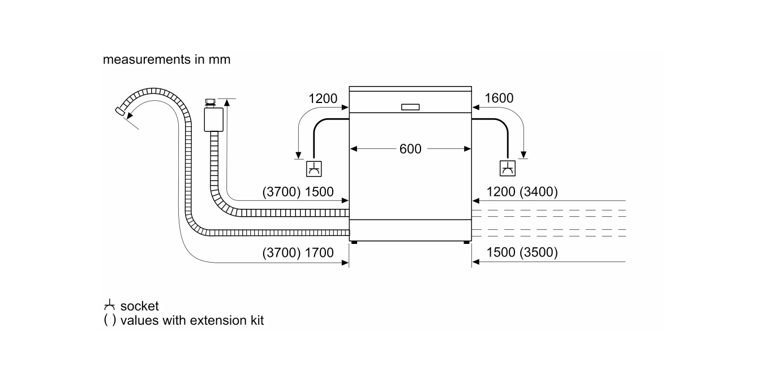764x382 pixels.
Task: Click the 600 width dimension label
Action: pyautogui.click(x=410, y=149)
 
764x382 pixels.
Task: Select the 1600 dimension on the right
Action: pyautogui.click(x=499, y=98)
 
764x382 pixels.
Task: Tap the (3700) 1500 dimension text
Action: pyautogui.click(x=298, y=192)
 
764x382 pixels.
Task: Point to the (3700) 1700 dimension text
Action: pyautogui.click(x=298, y=253)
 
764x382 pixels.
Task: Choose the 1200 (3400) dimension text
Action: pyautogui.click(x=522, y=192)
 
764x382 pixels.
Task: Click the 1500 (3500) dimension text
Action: pyautogui.click(x=522, y=252)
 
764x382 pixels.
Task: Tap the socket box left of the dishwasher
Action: pyautogui.click(x=314, y=169)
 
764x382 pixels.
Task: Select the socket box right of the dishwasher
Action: pyautogui.click(x=508, y=168)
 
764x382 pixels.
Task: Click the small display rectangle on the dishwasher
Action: pyautogui.click(x=410, y=107)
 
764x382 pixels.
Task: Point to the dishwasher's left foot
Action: pyautogui.click(x=354, y=243)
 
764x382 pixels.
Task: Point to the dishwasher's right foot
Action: pyautogui.click(x=466, y=243)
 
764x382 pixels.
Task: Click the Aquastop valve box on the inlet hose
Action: pyautogui.click(x=214, y=120)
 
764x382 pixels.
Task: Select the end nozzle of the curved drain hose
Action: pyautogui.click(x=120, y=111)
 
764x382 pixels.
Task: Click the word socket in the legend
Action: pyautogui.click(x=139, y=306)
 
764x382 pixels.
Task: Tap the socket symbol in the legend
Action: pyautogui.click(x=109, y=305)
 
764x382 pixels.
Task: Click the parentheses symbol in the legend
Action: pyautogui.click(x=110, y=320)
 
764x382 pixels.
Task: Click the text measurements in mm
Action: pyautogui.click(x=166, y=59)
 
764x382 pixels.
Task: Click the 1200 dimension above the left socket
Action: pyautogui.click(x=323, y=98)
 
